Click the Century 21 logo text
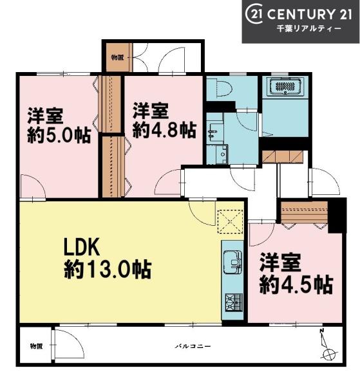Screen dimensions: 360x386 [x=299, y=14]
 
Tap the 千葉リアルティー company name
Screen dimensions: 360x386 [x=309, y=29]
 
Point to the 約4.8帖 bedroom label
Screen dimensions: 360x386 [x=165, y=120]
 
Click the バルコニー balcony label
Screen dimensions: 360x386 [x=193, y=346]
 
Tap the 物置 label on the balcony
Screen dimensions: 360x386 [x=36, y=346]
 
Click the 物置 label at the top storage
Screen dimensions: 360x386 [x=117, y=58]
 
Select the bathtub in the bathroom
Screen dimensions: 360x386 [x=285, y=86]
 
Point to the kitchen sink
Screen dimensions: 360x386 [x=232, y=262]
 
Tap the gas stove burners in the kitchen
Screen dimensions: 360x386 [x=233, y=302]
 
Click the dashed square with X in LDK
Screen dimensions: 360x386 [x=231, y=221]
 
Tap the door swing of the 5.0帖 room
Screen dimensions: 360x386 [x=33, y=186]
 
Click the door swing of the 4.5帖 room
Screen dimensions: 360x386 [x=261, y=234]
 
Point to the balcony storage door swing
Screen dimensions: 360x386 [x=70, y=344]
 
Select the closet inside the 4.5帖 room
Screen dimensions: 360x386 [x=305, y=212]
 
